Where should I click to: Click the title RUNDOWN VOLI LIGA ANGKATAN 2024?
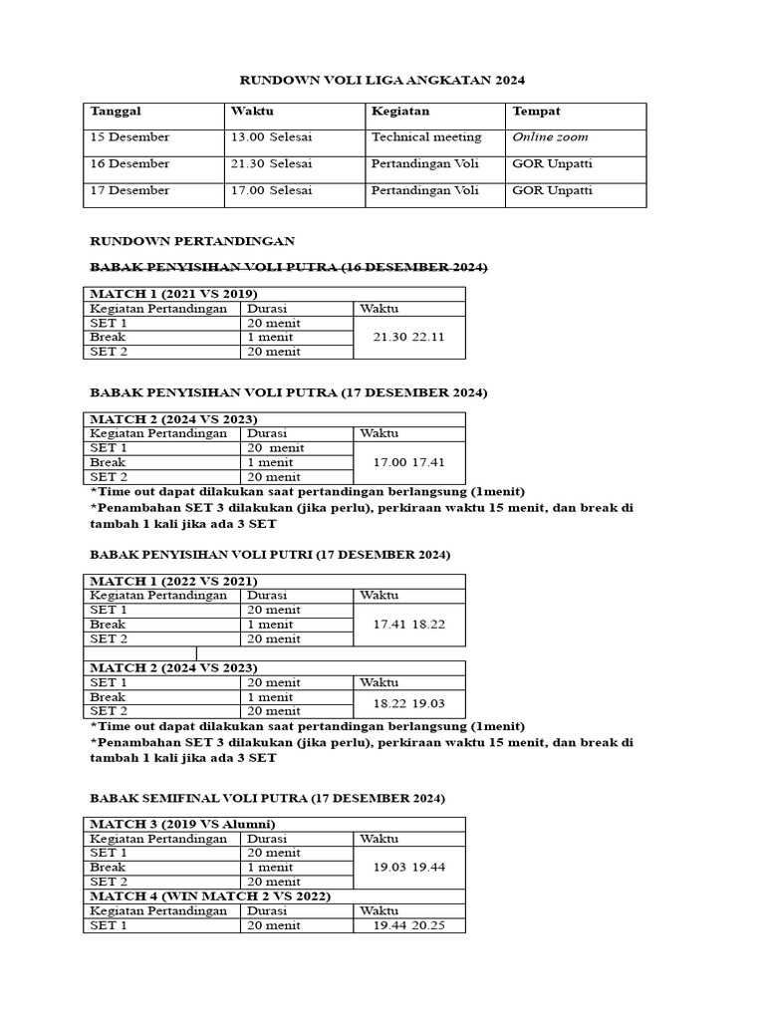click(x=382, y=79)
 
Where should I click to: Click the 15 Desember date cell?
click(x=129, y=137)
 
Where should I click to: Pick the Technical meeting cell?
click(x=426, y=137)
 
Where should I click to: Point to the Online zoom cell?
click(x=550, y=137)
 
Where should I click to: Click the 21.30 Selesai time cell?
click(x=271, y=163)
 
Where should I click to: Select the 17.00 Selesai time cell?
click(x=271, y=190)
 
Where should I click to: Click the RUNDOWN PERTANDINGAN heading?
click(x=192, y=241)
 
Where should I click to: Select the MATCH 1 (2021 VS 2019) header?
click(x=174, y=294)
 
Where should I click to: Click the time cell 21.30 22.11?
click(x=408, y=338)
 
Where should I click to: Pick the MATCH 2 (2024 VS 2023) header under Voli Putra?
click(x=174, y=419)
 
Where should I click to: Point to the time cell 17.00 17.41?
click(x=408, y=463)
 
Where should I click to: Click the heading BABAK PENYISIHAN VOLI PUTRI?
click(x=270, y=554)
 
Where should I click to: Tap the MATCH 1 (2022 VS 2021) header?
click(x=174, y=581)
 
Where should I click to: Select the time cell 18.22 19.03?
click(x=408, y=703)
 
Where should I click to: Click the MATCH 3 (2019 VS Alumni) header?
click(x=182, y=824)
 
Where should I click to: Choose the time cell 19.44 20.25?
click(x=408, y=925)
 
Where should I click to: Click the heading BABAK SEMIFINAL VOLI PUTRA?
click(x=268, y=799)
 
